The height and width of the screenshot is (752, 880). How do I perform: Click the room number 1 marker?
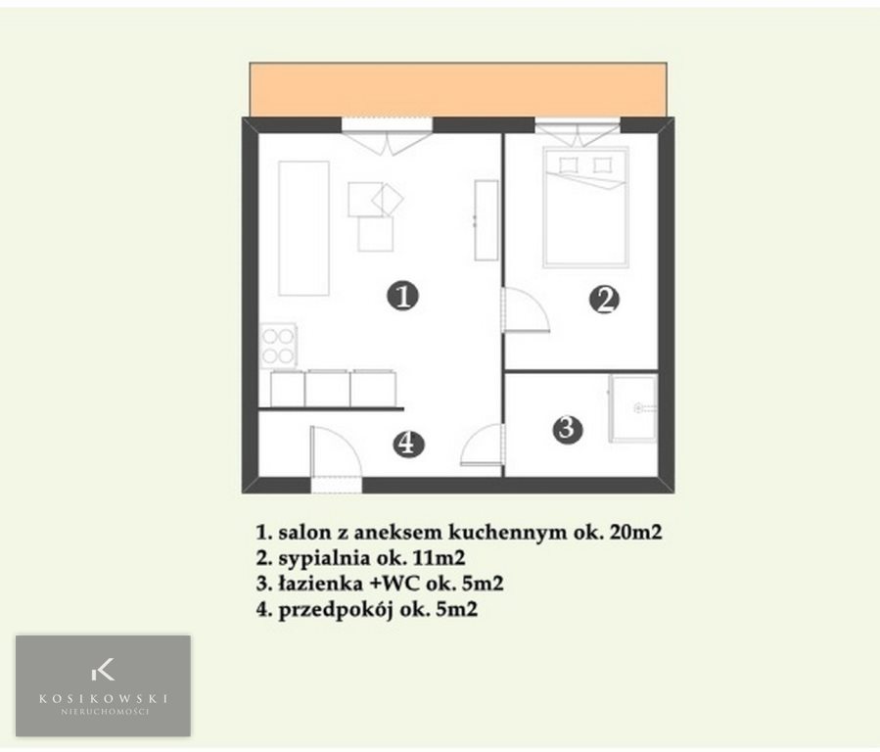403,296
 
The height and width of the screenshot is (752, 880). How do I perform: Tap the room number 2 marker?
604,300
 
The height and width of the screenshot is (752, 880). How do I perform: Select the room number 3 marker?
567,429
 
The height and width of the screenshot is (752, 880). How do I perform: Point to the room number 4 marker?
408,444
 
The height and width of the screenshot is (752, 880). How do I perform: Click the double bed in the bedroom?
584,207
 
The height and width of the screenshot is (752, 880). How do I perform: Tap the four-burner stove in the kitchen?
278,347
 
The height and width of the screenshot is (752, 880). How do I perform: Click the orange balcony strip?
458,90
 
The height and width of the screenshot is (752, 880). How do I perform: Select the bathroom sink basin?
633,408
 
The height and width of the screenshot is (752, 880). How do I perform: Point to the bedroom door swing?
526,310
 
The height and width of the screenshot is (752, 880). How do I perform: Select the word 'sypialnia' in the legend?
324,558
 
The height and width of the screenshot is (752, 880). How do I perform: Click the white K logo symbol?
103,669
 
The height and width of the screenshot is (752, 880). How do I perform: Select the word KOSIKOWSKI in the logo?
103,699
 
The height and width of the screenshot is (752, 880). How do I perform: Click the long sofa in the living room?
303,228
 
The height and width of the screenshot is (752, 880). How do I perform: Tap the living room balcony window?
388,124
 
